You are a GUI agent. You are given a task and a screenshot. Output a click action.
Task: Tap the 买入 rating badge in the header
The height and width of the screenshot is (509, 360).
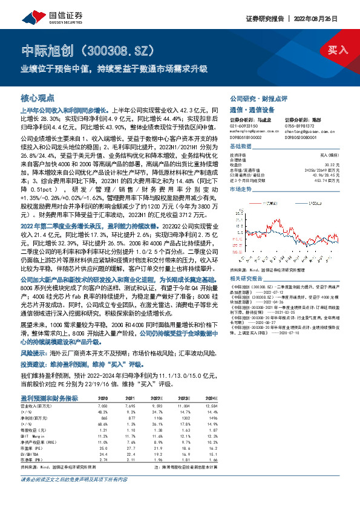point(337,49)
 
